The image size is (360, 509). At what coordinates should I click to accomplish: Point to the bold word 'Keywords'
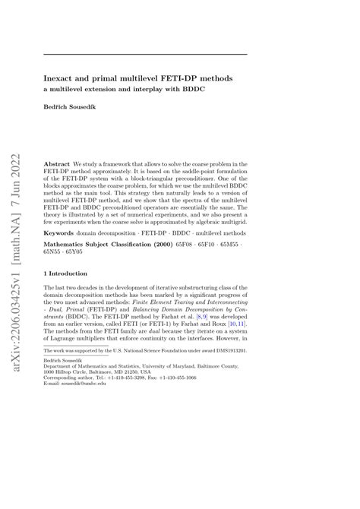pyautogui.click(x=59, y=232)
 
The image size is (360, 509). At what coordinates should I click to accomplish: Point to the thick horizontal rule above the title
pyautogui.click(x=144, y=54)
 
